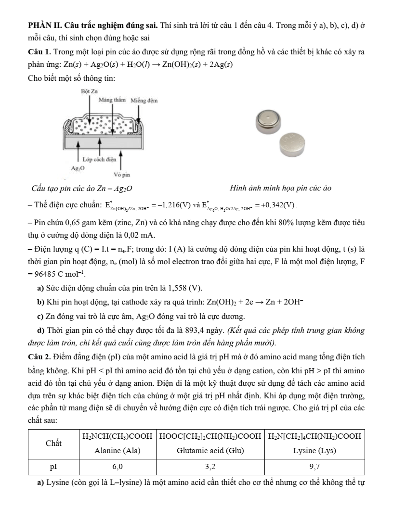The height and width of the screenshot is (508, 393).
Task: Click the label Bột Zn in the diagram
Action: (x=90, y=91)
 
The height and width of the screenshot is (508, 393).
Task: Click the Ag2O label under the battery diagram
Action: (x=77, y=168)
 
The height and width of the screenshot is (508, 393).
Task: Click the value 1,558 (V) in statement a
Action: (x=184, y=288)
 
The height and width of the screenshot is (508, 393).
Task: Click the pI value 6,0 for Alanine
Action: (x=118, y=467)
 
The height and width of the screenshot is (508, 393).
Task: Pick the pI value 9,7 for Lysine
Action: (x=314, y=467)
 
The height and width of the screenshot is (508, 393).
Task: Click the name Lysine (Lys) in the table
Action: (x=314, y=451)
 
